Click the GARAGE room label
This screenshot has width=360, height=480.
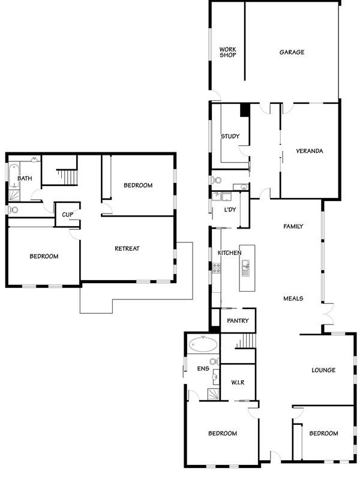coord(292,52)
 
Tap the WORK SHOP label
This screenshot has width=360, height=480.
coord(228,52)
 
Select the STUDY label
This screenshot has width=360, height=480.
coord(230,136)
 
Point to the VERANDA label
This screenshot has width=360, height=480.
coord(310,151)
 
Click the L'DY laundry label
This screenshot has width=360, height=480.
coord(230,209)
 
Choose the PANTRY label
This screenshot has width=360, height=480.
coord(238,321)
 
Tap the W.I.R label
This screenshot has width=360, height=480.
coord(238,383)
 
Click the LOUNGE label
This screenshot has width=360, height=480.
coord(323,370)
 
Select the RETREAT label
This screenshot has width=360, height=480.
coord(127,248)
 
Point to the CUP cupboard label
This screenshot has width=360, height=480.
coord(68,215)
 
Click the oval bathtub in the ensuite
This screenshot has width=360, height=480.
coord(203,344)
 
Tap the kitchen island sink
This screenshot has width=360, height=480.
coord(246,268)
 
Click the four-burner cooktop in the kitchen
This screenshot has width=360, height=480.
coord(217,268)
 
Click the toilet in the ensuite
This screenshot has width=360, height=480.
coord(215,362)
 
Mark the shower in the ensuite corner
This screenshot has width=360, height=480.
coord(214,394)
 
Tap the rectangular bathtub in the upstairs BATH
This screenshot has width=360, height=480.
coord(14,176)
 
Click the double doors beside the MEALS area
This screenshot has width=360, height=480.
coord(328,314)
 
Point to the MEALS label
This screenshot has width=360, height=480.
coord(293,298)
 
